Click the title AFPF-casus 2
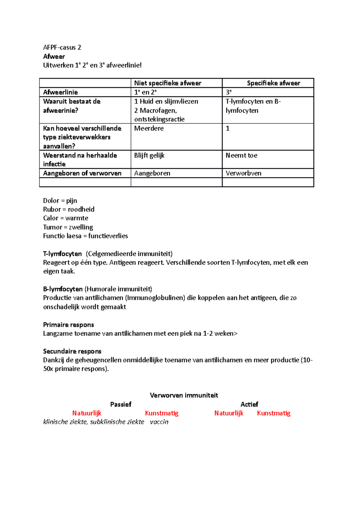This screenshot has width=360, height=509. coord(62,47)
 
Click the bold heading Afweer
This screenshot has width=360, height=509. coord(54,56)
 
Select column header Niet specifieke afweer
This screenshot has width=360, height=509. coord(167,83)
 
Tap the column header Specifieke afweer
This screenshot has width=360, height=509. coord(273,83)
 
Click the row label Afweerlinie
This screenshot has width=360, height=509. coord(60,92)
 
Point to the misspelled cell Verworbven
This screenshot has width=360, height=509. coord(243,173)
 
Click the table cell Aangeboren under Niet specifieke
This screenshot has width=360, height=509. coord(152,173)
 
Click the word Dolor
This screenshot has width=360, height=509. coord(51,201)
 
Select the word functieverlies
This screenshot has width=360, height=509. coord(108,236)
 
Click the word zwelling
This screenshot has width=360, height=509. coord(81,227)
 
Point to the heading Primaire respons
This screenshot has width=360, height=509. coord(68,325)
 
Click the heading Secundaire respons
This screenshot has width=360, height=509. coord(72,351)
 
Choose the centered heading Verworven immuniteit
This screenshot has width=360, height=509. coord(184,395)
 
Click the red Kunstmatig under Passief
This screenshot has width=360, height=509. coord(162,413)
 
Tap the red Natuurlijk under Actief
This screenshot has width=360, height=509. coord(229,413)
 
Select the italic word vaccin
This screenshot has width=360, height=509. coord(159,422)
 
